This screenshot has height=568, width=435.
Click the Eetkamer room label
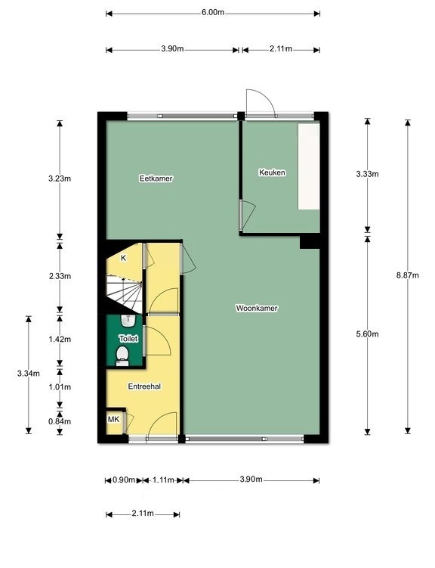(156, 178)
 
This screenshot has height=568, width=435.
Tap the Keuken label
(272, 172)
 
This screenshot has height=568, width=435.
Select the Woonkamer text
(257, 309)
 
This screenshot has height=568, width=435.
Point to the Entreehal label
(144, 386)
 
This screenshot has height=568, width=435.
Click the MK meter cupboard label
(113, 420)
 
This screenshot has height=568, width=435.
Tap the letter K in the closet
(123, 258)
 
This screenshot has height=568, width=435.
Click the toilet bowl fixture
(122, 355)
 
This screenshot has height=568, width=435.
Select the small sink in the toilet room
(128, 320)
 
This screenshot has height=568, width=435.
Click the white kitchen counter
(308, 166)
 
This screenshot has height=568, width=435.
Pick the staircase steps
(124, 293)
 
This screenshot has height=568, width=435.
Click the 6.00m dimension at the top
(213, 12)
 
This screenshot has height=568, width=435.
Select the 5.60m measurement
(367, 334)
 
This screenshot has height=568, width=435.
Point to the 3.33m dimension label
(367, 174)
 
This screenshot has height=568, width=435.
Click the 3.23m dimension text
(60, 178)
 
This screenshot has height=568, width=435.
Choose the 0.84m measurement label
(60, 421)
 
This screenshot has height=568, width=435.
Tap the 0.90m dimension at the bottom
(124, 480)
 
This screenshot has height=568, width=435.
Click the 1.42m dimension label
(60, 340)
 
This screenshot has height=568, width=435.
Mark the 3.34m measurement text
(28, 374)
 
